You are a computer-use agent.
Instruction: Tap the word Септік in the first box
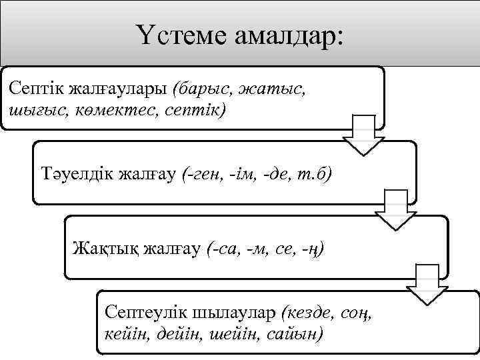click(x=31, y=88)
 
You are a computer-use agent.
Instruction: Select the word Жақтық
click(x=102, y=249)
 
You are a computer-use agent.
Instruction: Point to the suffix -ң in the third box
click(x=312, y=249)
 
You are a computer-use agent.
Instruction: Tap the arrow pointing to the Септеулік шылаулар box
click(x=427, y=284)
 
